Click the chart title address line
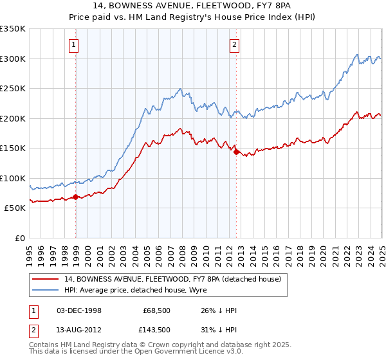pos(193,6)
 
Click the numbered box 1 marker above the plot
pos(75,44)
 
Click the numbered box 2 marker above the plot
pos(234,44)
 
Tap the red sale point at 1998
pos(76,197)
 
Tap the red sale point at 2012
pos(236,152)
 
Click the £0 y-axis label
pos(19,238)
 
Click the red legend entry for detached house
pos(172,279)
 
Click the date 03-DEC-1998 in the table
pos(79,310)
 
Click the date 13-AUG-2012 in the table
pos(79,329)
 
